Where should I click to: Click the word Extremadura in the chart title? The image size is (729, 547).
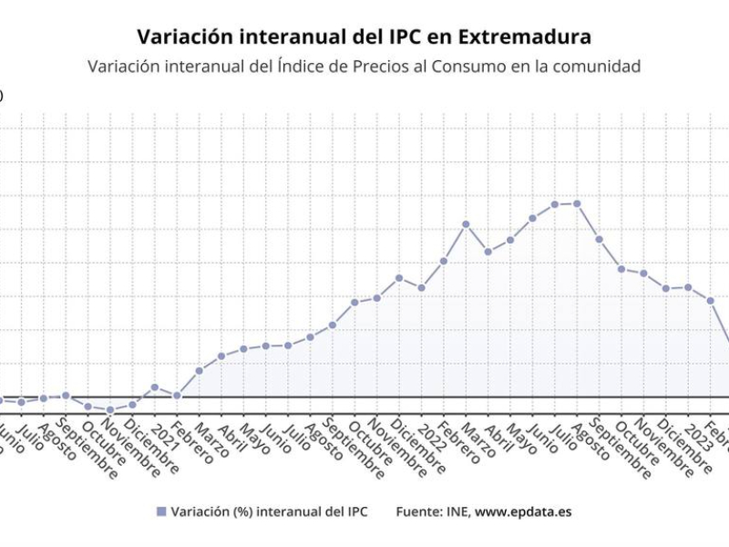524,37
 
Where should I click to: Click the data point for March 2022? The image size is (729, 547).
466,224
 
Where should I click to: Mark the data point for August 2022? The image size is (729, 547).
577,203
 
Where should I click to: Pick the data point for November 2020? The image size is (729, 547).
110,410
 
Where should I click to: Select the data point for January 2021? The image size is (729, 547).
155,387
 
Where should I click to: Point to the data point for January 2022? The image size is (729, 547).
421,288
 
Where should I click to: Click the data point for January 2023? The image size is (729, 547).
688,288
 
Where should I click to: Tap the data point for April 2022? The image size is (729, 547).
488,252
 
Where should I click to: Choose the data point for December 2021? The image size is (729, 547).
399,277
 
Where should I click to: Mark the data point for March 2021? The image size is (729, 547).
199,371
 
